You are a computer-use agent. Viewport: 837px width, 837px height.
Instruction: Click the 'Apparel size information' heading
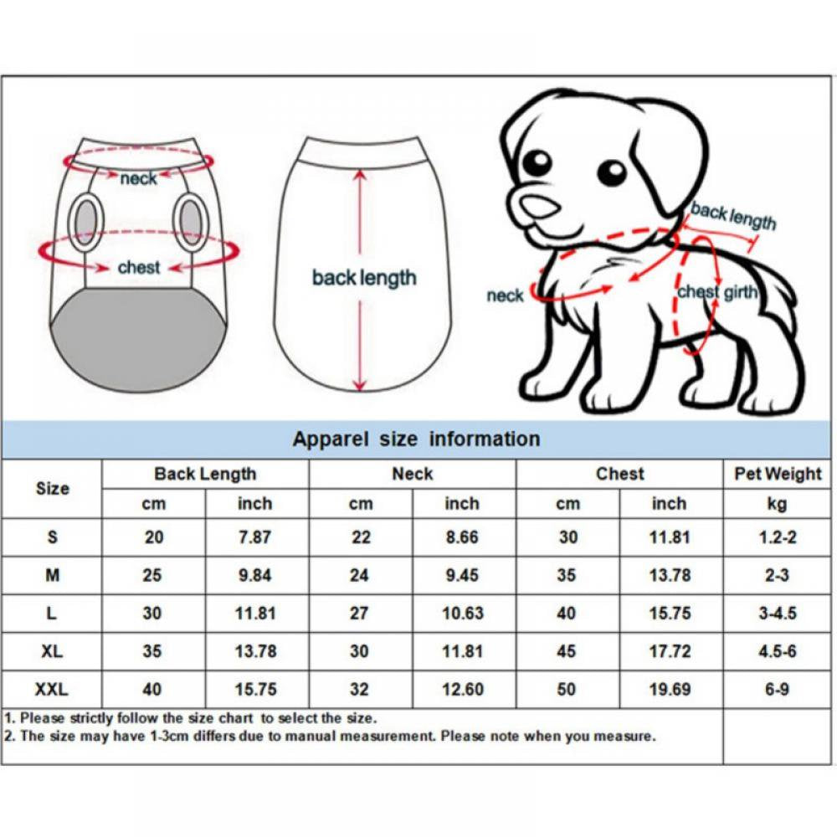[416, 439]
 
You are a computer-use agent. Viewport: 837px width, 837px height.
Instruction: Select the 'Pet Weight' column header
[778, 474]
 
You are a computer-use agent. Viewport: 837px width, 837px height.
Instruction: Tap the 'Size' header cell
[52, 488]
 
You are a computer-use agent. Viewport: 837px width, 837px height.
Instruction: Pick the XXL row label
[52, 690]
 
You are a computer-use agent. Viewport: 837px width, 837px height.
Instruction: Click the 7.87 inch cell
[254, 537]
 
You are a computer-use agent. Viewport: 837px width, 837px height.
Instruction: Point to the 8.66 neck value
[462, 537]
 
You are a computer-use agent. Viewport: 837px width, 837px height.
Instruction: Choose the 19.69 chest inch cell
[670, 690]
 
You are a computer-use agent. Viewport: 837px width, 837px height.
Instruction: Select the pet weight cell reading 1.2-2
[778, 537]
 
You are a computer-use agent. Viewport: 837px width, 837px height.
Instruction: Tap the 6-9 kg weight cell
[778, 690]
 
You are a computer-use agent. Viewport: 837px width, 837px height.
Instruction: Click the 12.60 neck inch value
[462, 690]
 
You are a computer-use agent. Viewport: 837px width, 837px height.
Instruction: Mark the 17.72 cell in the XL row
[670, 651]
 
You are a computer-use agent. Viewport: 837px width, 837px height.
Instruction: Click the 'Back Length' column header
[205, 474]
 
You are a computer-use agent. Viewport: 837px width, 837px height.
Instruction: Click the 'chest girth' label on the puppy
[717, 292]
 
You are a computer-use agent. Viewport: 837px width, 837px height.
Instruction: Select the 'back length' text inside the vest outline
[363, 277]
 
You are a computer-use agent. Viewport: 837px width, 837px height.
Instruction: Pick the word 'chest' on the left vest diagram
[139, 268]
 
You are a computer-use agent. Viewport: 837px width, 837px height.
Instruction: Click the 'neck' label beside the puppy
[505, 295]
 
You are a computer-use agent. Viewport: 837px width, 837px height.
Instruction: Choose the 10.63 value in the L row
[462, 614]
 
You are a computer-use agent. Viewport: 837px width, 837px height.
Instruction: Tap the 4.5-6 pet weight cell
[778, 651]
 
